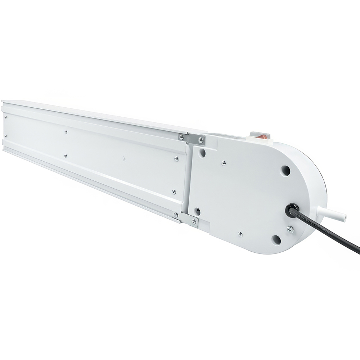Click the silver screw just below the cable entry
(x=290, y=229)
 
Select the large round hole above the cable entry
(x=285, y=170)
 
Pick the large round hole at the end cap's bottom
(x=276, y=239)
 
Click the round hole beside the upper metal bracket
(x=202, y=153)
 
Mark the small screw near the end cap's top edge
(x=224, y=163)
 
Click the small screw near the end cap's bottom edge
(x=240, y=234)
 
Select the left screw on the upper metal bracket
(x=181, y=137)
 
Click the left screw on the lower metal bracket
(x=176, y=215)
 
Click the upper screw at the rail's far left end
(x=6, y=116)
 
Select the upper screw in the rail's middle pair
(x=66, y=132)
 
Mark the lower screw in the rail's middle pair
(x=65, y=156)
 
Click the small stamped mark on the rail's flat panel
(x=123, y=158)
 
